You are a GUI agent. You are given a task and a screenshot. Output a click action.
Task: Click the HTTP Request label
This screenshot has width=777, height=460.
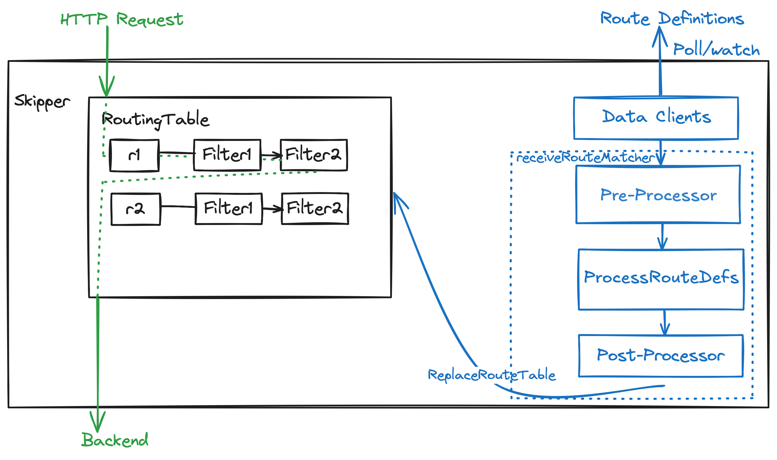(x=122, y=19)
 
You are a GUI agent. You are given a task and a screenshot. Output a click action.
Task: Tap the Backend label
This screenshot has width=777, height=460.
(x=115, y=440)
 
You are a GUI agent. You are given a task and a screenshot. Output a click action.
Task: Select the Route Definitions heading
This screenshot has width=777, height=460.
(x=672, y=19)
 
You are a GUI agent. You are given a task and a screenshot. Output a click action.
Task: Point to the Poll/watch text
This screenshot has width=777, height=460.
(x=716, y=50)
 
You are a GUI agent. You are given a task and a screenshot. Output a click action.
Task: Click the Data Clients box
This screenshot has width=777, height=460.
(x=656, y=118)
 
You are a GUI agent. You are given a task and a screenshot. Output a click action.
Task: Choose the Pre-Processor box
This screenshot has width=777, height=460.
(x=658, y=195)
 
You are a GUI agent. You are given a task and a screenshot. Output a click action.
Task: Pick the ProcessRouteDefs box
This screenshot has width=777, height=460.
(x=661, y=279)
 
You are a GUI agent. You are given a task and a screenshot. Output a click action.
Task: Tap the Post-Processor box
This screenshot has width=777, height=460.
(x=661, y=356)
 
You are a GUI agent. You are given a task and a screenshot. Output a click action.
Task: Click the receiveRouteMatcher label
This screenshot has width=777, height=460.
(x=585, y=158)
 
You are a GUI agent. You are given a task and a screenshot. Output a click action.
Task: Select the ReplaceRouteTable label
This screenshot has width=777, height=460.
(x=491, y=375)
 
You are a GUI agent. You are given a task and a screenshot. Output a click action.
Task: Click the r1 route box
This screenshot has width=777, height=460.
(x=134, y=155)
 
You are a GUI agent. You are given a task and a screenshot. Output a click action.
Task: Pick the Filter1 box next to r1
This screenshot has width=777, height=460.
(x=227, y=155)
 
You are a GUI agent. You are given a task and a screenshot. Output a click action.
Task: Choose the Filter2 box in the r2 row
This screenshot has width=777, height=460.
(x=315, y=208)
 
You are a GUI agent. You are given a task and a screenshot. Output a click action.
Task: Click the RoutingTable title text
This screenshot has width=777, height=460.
(x=155, y=120)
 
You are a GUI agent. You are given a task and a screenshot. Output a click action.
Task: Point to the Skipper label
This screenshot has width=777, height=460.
(x=42, y=101)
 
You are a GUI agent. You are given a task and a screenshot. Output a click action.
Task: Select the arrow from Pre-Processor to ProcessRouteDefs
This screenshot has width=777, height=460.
(x=662, y=237)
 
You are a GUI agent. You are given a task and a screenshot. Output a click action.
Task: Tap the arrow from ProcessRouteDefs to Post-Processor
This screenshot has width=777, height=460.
(x=664, y=323)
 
